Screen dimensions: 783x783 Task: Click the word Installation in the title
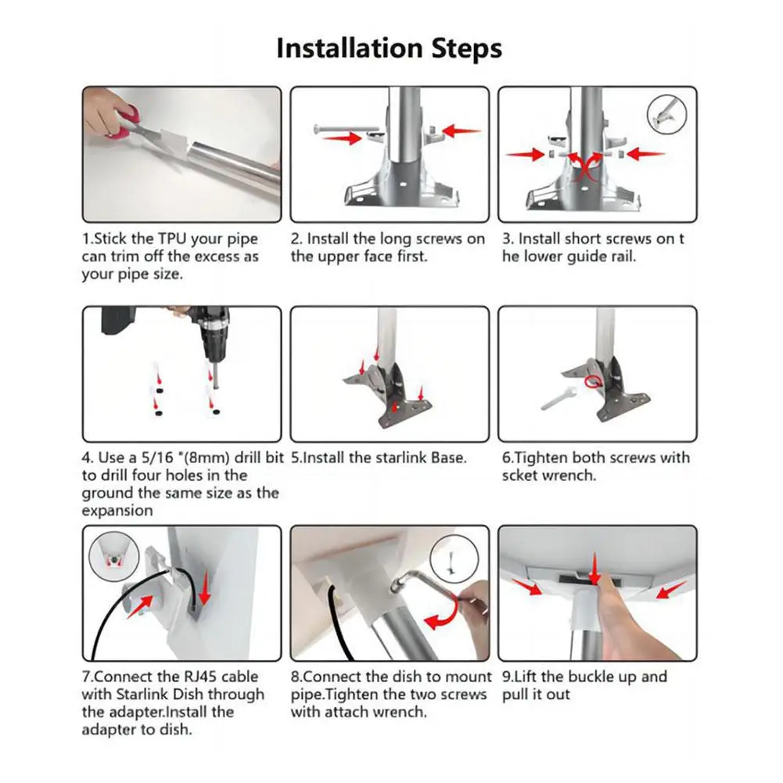coord(350,48)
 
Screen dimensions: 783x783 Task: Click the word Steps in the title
coord(467,49)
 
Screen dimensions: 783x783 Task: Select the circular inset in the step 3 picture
coord(666,114)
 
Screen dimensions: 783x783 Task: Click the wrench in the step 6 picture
coord(559,398)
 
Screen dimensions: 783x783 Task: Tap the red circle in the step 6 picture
coord(593,382)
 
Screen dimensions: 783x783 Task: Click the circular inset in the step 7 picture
coord(114,555)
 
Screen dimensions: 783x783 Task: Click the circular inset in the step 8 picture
coord(454,558)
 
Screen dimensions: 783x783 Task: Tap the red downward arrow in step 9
coord(594,569)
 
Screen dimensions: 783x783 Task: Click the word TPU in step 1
coord(172,239)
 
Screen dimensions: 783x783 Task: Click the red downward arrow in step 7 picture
coord(204,587)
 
